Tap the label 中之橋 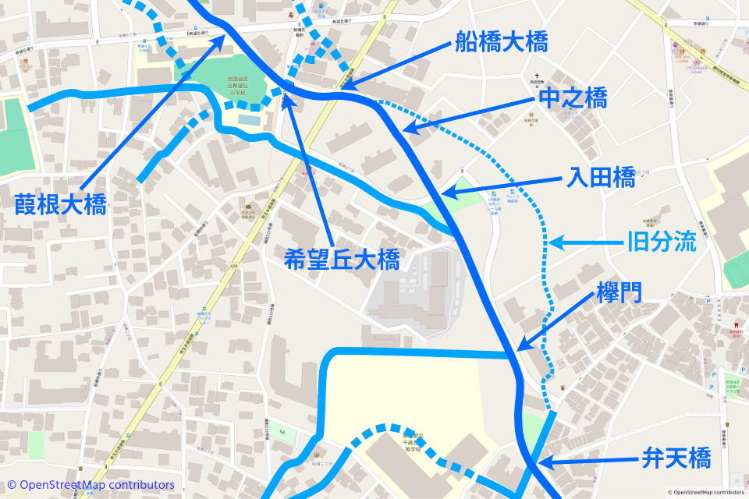click(573, 97)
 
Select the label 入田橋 click(602, 179)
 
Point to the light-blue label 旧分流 click(662, 242)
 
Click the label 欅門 click(619, 293)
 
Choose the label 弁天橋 click(676, 458)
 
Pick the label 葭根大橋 click(60, 205)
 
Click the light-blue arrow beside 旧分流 click(585, 243)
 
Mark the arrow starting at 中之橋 click(469, 113)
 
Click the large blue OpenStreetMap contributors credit click(91, 485)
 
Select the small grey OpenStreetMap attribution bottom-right click(706, 492)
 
